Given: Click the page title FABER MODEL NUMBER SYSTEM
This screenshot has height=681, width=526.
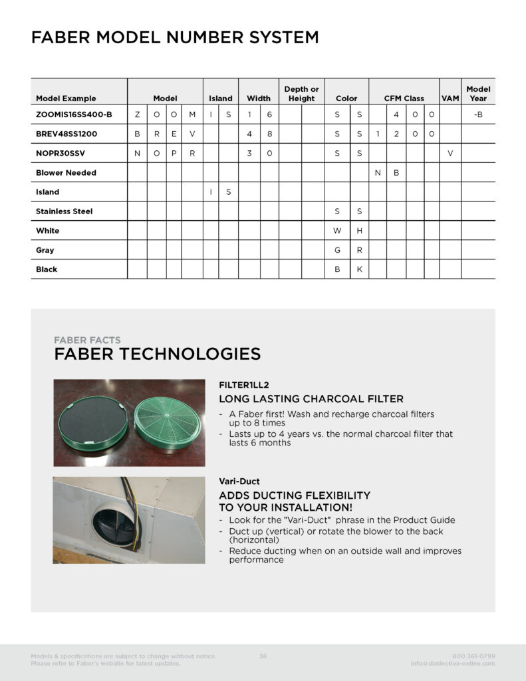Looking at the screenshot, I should [174, 37].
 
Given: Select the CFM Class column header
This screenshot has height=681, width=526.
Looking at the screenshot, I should [404, 98].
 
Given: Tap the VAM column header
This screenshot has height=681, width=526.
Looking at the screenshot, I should [450, 98].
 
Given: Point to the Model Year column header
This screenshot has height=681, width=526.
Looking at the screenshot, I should [478, 94].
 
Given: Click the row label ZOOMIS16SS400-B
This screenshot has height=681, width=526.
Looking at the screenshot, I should [74, 114].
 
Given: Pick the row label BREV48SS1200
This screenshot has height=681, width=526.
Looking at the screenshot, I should [66, 134].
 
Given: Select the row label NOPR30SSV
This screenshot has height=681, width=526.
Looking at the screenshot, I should [62, 153].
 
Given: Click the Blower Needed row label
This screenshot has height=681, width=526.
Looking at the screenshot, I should [66, 172].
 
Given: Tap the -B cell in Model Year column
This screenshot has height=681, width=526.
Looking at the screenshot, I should [478, 114].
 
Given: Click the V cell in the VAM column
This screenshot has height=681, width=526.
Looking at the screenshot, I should [450, 153].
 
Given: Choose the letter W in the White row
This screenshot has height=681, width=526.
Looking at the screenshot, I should [337, 231].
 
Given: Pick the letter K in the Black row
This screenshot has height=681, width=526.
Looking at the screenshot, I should [359, 269].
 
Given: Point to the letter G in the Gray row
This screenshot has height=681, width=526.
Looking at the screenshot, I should [337, 250].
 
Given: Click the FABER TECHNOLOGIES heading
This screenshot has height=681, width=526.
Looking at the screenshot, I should [157, 354].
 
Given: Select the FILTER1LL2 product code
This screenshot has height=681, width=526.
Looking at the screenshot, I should [243, 384].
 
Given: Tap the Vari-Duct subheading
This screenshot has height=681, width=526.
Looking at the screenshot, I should [239, 480].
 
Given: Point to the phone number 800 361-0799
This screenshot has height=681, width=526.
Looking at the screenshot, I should [473, 656].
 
